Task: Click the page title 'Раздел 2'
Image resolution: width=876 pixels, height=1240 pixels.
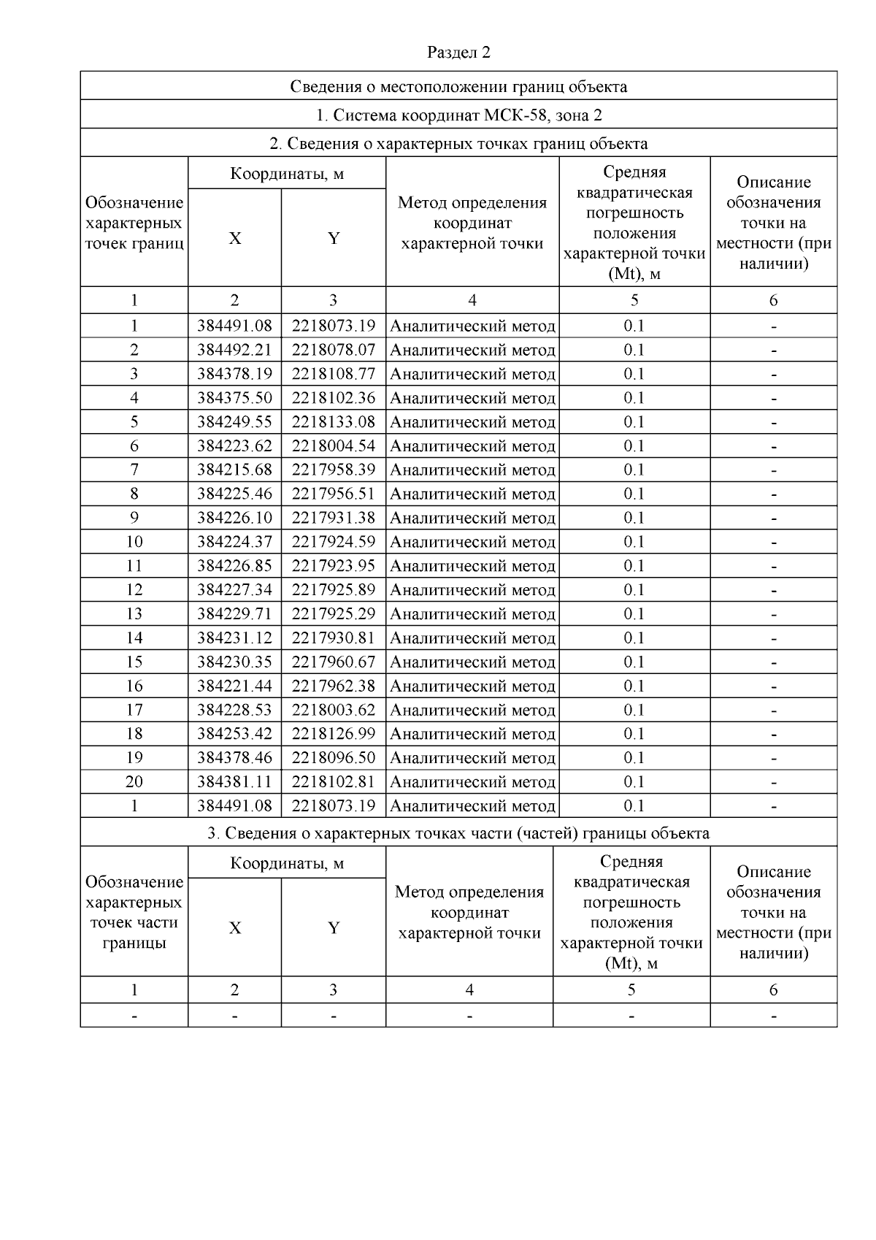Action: pyautogui.click(x=458, y=53)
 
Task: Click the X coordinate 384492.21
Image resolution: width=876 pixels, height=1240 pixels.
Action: pyautogui.click(x=234, y=350)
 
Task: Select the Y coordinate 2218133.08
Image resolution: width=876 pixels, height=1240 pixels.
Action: pyautogui.click(x=334, y=422)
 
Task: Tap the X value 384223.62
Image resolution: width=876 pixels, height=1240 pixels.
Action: pyautogui.click(x=234, y=446)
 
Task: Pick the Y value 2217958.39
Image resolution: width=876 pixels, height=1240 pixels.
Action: pyautogui.click(x=334, y=470)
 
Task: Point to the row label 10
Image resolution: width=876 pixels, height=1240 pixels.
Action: pyautogui.click(x=134, y=542)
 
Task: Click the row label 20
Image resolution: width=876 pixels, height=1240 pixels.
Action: pyautogui.click(x=134, y=782)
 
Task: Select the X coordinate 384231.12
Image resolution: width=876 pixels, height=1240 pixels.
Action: pyautogui.click(x=234, y=638)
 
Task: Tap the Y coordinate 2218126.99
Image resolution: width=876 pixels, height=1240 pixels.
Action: pyautogui.click(x=334, y=734)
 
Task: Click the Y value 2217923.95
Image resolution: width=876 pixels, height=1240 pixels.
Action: pyautogui.click(x=334, y=566)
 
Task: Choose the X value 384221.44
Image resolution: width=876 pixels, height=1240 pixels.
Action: pyautogui.click(x=234, y=686)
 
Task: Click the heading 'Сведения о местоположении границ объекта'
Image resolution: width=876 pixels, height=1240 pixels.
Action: pyautogui.click(x=458, y=87)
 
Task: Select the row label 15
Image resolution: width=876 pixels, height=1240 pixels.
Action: pyautogui.click(x=134, y=662)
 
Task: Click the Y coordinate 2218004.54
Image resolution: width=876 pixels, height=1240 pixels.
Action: pyautogui.click(x=334, y=446)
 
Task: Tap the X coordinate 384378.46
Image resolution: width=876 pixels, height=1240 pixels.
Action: pyautogui.click(x=234, y=758)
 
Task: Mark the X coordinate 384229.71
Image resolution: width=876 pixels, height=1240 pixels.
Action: pyautogui.click(x=234, y=614)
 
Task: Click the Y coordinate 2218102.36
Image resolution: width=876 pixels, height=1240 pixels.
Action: pyautogui.click(x=334, y=398)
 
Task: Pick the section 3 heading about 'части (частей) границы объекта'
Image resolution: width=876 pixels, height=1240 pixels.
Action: pyautogui.click(x=458, y=833)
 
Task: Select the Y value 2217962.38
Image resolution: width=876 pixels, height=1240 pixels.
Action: pyautogui.click(x=334, y=686)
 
